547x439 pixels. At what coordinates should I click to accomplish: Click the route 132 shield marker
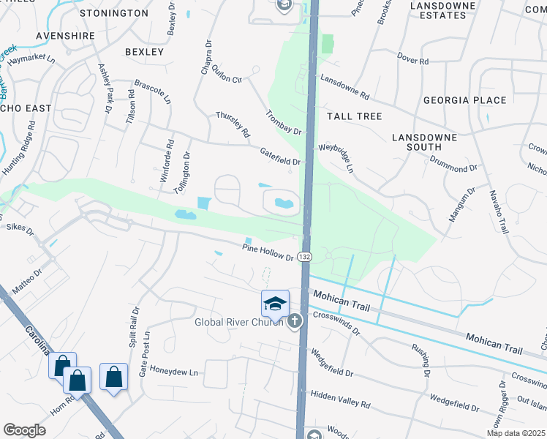305,258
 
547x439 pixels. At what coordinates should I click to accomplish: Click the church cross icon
295,320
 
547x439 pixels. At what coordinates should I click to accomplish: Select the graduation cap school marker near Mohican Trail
275,303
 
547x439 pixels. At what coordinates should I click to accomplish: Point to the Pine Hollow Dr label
268,252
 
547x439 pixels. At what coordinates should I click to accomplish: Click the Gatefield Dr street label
280,156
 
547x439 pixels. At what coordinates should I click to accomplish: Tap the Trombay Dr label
284,122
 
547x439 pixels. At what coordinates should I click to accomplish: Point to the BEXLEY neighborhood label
144,52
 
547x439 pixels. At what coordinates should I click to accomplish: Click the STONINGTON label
113,13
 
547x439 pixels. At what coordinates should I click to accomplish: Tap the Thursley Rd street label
233,124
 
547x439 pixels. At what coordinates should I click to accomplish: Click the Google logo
24,430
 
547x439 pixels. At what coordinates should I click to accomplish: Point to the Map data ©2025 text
516,433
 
